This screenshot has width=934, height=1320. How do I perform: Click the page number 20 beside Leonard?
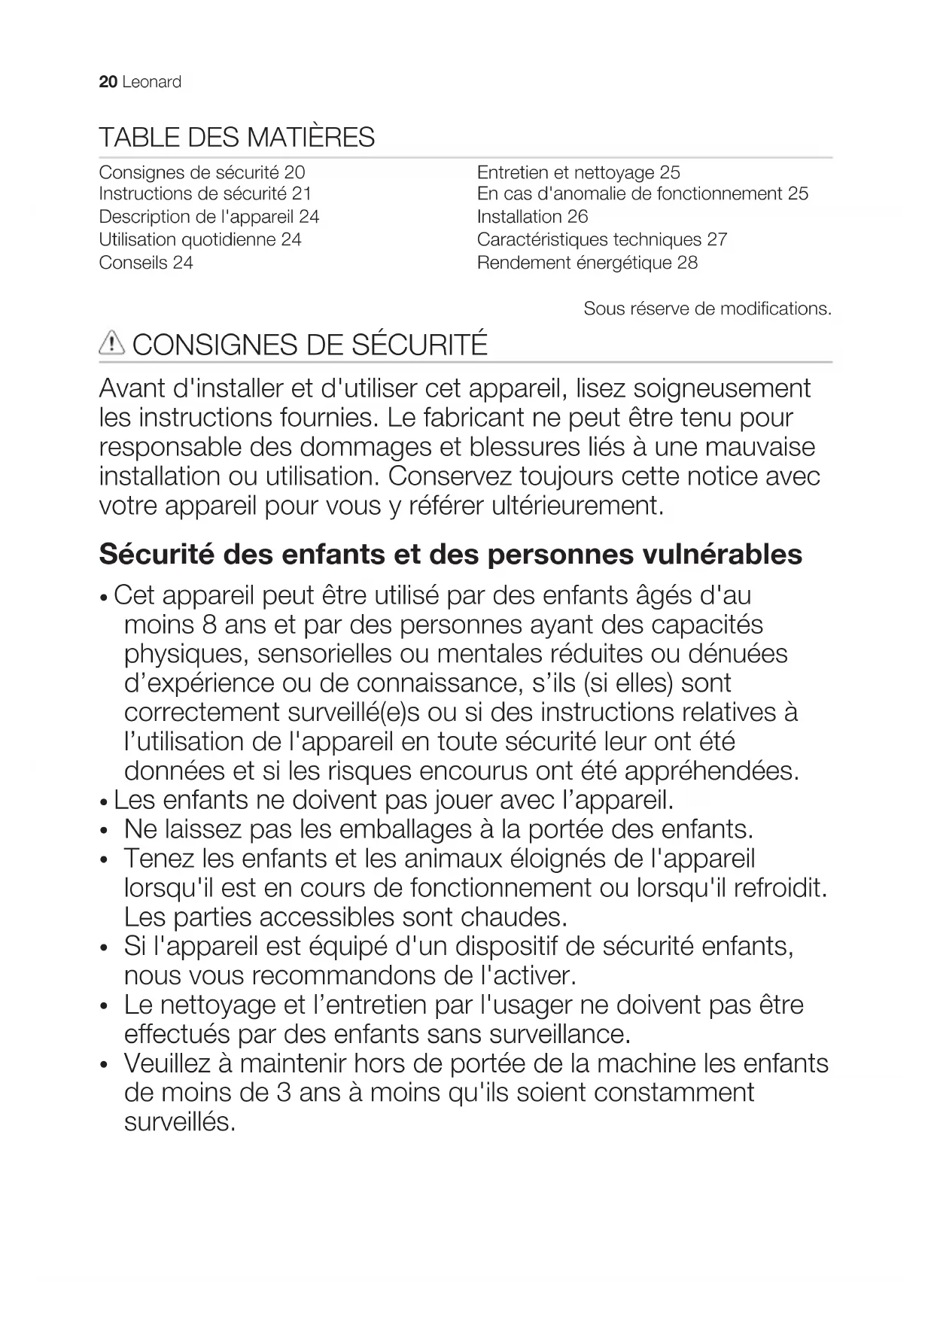[108, 82]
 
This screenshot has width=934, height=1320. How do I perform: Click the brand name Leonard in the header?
[151, 82]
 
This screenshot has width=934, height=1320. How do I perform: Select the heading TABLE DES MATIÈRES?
[236, 138]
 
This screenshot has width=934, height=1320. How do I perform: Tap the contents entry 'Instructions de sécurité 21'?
[205, 193]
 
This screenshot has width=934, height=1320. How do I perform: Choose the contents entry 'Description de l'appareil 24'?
[209, 217]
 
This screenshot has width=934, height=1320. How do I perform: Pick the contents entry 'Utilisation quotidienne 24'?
[200, 239]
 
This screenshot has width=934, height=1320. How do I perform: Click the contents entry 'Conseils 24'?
[146, 263]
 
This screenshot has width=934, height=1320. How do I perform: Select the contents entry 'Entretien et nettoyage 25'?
[578, 172]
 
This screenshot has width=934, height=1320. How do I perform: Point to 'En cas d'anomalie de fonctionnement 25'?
[642, 193]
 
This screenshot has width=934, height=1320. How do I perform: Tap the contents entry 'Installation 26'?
[532, 217]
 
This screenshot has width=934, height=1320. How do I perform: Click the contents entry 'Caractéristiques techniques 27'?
[601, 239]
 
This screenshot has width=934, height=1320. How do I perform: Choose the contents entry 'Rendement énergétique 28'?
[587, 263]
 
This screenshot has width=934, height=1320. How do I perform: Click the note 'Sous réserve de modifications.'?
[707, 309]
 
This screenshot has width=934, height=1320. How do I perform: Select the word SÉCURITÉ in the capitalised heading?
[419, 345]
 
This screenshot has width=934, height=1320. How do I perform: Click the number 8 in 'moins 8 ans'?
[209, 625]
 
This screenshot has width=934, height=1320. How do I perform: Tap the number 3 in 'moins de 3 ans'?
[284, 1093]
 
